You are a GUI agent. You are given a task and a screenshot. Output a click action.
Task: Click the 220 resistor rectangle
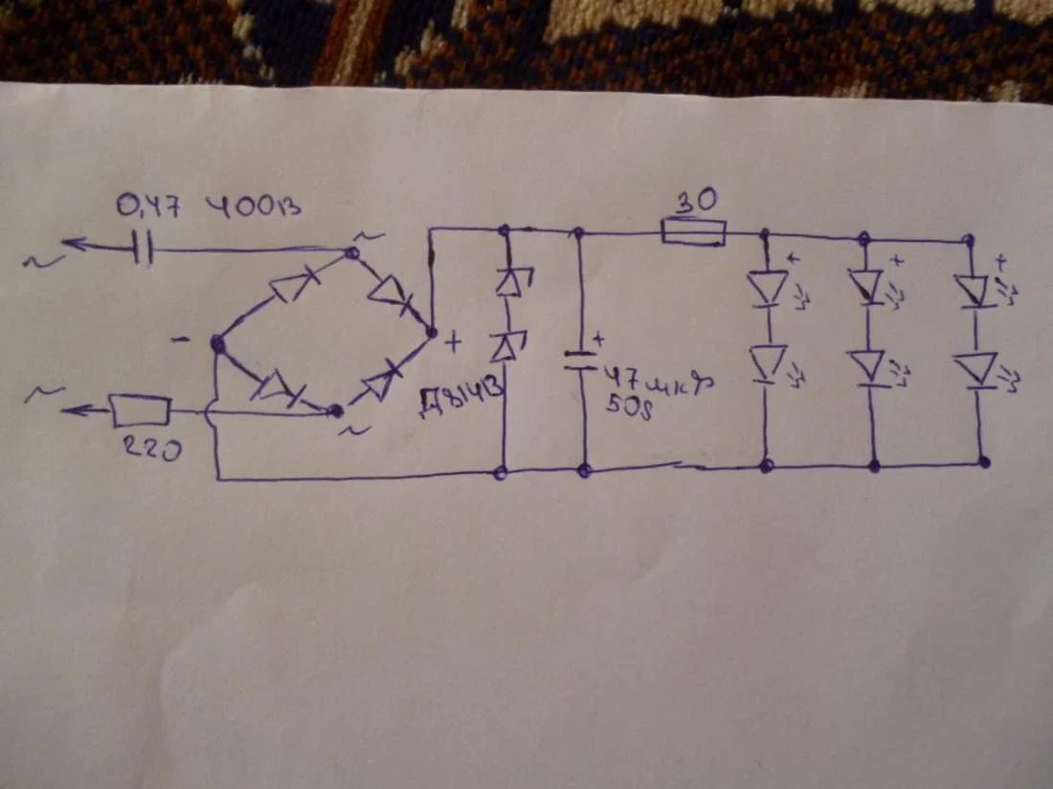141,411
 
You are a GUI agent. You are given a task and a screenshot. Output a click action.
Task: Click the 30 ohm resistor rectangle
693,231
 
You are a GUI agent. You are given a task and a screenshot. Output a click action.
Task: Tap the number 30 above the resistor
697,203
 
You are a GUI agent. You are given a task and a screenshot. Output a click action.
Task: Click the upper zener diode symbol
504,282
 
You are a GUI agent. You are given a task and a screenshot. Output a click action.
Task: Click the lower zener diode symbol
504,348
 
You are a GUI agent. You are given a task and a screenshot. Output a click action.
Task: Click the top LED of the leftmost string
768,288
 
